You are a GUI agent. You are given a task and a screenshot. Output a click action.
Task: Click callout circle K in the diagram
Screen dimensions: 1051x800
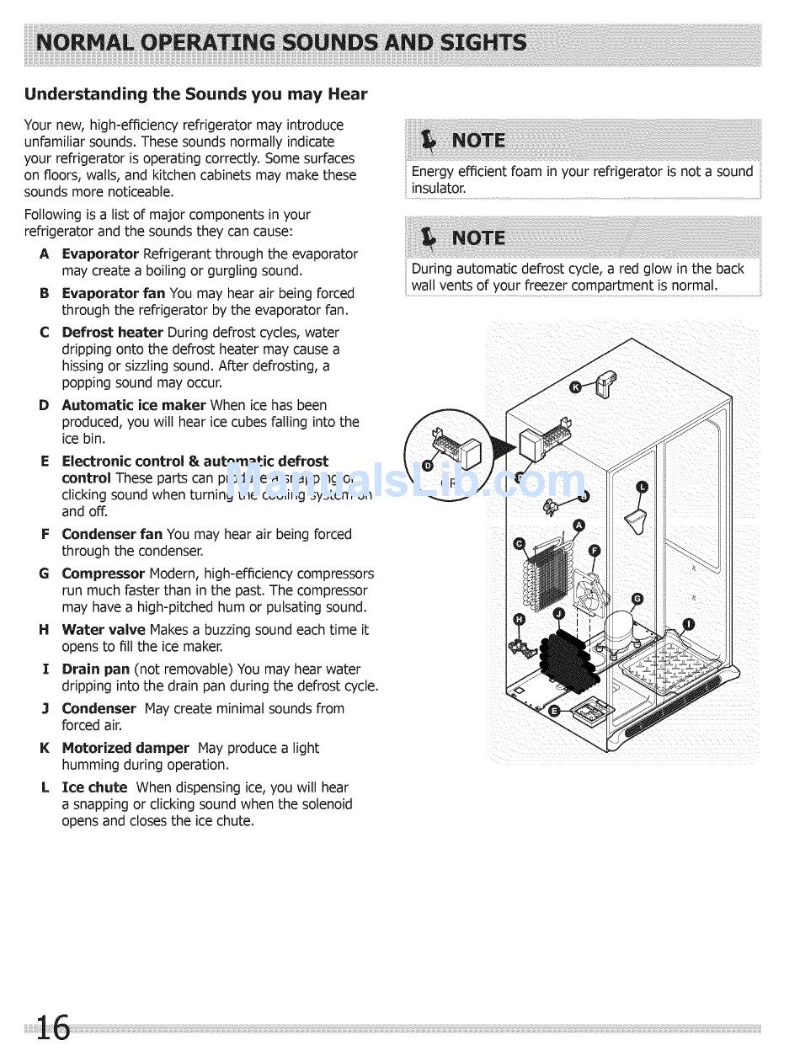coord(576,387)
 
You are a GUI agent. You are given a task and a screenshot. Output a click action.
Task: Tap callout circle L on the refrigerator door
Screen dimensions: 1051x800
coord(642,488)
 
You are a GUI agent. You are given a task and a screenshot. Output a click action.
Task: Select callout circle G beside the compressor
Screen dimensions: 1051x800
coord(637,599)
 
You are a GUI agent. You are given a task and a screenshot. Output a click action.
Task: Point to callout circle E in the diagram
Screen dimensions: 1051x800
coord(553,711)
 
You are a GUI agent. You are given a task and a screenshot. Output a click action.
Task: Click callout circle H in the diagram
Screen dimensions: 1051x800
coord(520,620)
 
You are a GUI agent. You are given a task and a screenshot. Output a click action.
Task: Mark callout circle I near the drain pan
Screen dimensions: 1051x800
coord(689,624)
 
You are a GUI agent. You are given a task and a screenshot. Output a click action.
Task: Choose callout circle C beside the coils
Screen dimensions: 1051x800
coord(520,543)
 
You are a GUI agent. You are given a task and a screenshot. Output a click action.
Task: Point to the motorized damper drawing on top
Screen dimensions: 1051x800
coord(605,383)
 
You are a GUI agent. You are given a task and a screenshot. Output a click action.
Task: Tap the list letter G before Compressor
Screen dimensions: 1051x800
coord(44,574)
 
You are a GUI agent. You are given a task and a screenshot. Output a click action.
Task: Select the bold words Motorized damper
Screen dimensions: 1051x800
coord(125,748)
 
